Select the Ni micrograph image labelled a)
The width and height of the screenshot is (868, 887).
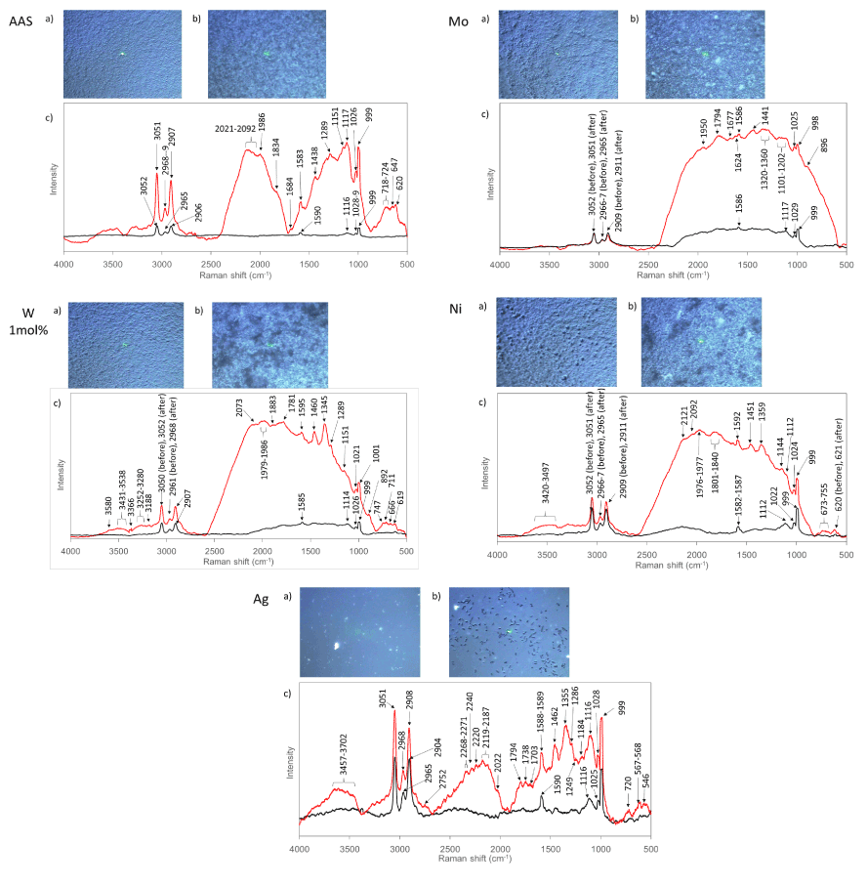coord(553,347)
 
